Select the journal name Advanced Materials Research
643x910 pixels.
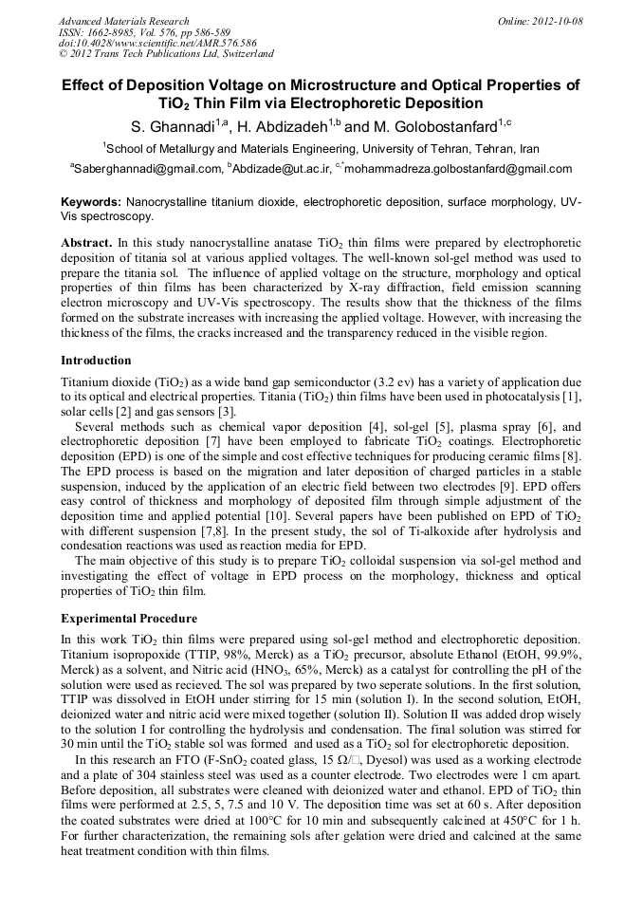(x=123, y=21)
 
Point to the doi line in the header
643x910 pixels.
(x=157, y=44)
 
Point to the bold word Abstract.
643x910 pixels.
(x=87, y=243)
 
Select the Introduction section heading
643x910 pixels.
(x=96, y=361)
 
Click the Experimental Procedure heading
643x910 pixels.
(x=129, y=619)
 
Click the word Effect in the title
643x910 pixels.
(x=85, y=85)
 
